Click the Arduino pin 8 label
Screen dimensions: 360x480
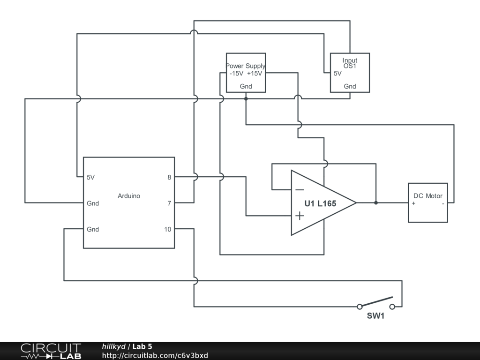tap(169, 177)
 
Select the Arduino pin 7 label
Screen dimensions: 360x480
tap(169, 203)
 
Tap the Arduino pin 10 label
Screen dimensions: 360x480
tap(167, 229)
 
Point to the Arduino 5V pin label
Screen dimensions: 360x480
tap(90, 177)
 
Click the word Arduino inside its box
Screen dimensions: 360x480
tap(129, 196)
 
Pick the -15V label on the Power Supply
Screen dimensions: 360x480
tap(236, 74)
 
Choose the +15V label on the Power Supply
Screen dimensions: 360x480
tap(255, 74)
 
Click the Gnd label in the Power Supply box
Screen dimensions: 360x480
tap(246, 86)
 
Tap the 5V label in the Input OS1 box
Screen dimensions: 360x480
tap(337, 74)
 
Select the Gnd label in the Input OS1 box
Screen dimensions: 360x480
tap(350, 86)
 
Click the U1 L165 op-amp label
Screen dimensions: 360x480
tap(320, 203)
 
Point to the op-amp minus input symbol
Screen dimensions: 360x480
tap(299, 190)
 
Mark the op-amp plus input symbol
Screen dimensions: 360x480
tap(299, 216)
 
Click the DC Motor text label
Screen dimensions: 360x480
tap(427, 196)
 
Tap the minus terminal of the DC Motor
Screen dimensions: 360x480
tap(443, 203)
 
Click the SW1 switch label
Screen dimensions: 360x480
tap(375, 316)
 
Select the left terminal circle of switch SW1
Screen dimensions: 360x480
tap(360, 307)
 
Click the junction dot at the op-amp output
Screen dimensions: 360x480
tap(376, 203)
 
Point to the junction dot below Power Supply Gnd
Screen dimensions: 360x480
tap(246, 99)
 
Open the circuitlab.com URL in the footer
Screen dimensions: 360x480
tap(155, 355)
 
